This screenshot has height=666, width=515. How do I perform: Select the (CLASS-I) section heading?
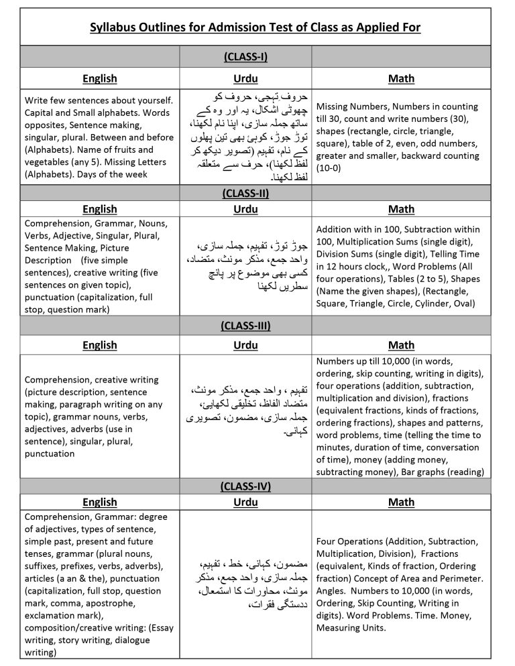tap(245, 56)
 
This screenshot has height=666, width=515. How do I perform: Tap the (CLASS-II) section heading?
tap(245, 193)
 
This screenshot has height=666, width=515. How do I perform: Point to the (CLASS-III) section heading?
tap(245, 326)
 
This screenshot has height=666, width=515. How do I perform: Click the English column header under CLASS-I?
tap(99, 78)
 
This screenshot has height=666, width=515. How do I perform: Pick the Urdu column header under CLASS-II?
tap(245, 209)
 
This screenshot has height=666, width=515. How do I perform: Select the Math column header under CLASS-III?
tap(401, 345)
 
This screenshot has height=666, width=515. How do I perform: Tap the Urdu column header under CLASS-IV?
tap(245, 502)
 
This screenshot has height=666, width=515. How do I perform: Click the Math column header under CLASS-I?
tap(401, 78)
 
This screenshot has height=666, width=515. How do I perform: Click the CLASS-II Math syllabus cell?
tap(401, 266)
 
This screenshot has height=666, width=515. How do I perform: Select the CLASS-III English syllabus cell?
tap(99, 416)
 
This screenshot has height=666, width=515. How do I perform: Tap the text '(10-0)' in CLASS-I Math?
tap(329, 168)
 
